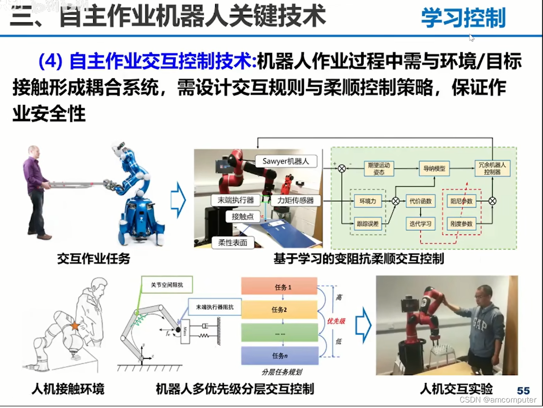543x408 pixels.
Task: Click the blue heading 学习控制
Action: pyautogui.click(x=463, y=18)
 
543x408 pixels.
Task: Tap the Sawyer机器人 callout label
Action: pyautogui.click(x=286, y=161)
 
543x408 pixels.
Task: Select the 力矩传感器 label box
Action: pyautogui.click(x=295, y=200)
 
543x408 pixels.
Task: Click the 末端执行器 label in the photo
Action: pyautogui.click(x=235, y=200)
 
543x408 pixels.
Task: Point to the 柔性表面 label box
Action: pyautogui.click(x=233, y=243)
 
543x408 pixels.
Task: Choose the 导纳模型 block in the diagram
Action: pyautogui.click(x=434, y=168)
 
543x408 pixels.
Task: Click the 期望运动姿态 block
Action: pyautogui.click(x=379, y=168)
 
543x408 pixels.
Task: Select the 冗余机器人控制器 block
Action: pyautogui.click(x=492, y=168)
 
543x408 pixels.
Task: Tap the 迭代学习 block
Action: pyautogui.click(x=420, y=223)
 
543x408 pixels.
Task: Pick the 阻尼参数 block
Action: pyautogui.click(x=461, y=201)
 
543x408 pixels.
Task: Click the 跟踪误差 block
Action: pyautogui.click(x=367, y=223)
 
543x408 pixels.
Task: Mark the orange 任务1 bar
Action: pyautogui.click(x=279, y=287)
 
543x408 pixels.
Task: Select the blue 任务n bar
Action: pyautogui.click(x=280, y=356)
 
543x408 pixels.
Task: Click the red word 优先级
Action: pyautogui.click(x=336, y=321)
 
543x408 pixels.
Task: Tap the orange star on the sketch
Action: pyautogui.click(x=75, y=326)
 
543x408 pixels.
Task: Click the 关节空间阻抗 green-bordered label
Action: pyautogui.click(x=167, y=285)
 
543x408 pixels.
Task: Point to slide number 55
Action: pyautogui.click(x=524, y=391)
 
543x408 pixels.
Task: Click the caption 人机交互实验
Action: pyautogui.click(x=456, y=389)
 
